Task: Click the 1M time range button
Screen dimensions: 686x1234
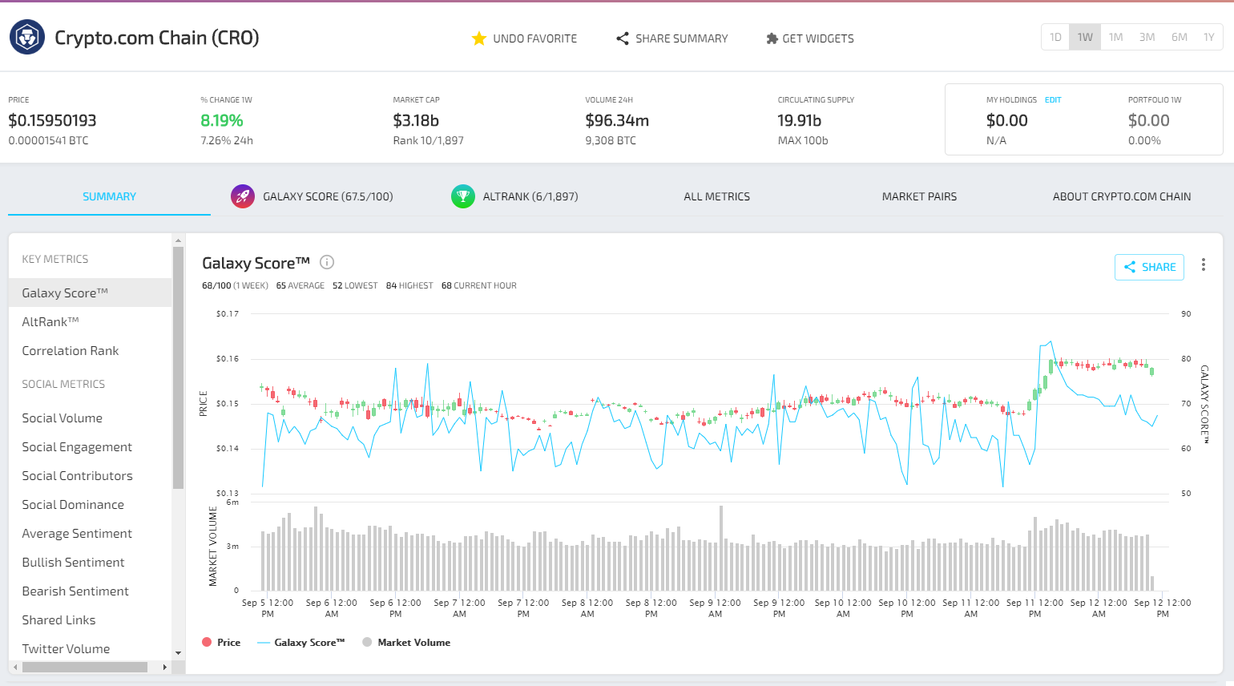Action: point(1115,38)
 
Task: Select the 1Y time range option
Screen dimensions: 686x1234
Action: point(1208,38)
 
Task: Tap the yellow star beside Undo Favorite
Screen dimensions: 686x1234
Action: point(479,38)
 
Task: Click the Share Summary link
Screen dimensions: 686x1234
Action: point(672,38)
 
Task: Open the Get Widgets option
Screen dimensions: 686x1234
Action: point(810,38)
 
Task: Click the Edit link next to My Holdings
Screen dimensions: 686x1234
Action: point(1053,100)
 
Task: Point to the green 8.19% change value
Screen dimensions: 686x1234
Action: point(222,120)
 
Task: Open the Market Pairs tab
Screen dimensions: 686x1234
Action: point(919,196)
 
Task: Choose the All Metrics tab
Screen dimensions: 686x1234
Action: point(716,196)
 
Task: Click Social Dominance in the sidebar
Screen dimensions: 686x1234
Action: point(73,505)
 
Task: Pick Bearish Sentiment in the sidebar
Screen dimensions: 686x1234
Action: point(75,591)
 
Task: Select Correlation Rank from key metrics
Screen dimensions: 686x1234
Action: point(71,351)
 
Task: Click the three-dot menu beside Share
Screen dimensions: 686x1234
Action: point(1203,265)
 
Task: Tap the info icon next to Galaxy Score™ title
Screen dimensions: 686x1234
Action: point(327,262)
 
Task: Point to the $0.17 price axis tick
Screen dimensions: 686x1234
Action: point(228,314)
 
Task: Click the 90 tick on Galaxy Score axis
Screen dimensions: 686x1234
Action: point(1186,314)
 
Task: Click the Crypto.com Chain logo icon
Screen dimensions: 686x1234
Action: point(27,38)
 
